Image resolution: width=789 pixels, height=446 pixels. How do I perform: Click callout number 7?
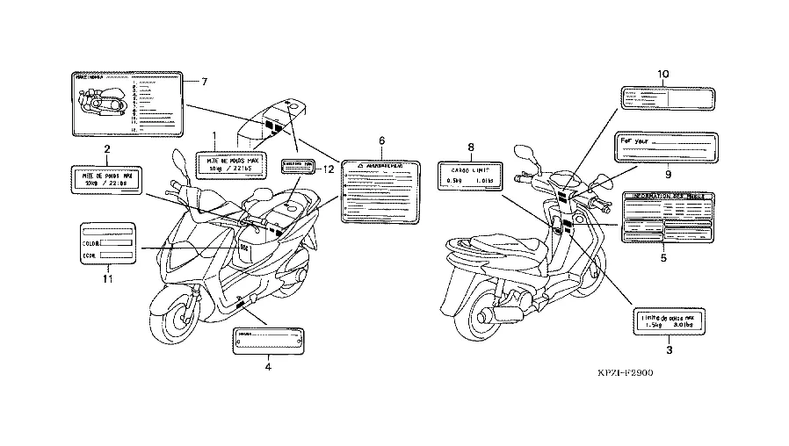coord(204,82)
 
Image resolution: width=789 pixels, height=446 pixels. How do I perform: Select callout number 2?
coord(106,148)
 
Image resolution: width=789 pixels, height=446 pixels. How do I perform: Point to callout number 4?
coord(268,368)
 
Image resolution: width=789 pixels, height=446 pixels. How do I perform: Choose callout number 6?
coord(382,140)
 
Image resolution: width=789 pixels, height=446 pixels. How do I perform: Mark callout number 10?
coord(663,74)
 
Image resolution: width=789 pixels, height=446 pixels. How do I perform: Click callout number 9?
coord(668,174)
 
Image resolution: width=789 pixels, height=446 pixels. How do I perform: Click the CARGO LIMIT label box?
coord(471,176)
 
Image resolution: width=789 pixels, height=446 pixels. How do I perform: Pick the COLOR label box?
coord(107,243)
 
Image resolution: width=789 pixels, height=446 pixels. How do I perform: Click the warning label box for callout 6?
coord(382,191)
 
